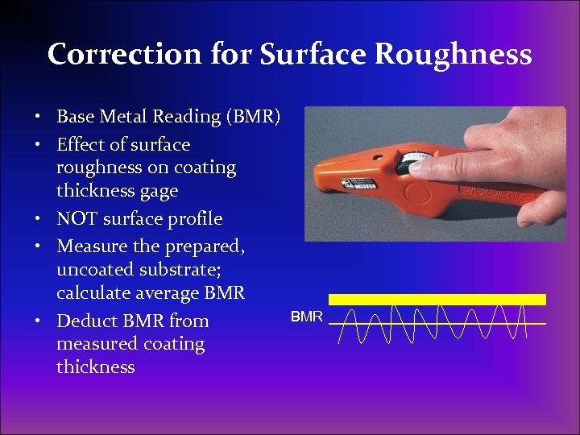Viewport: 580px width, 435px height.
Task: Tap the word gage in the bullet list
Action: tap(159, 192)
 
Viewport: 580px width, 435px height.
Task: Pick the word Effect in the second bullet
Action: tap(78, 145)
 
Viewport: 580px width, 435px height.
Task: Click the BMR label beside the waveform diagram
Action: tap(307, 317)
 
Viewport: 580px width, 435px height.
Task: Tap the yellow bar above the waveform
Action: tap(437, 299)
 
